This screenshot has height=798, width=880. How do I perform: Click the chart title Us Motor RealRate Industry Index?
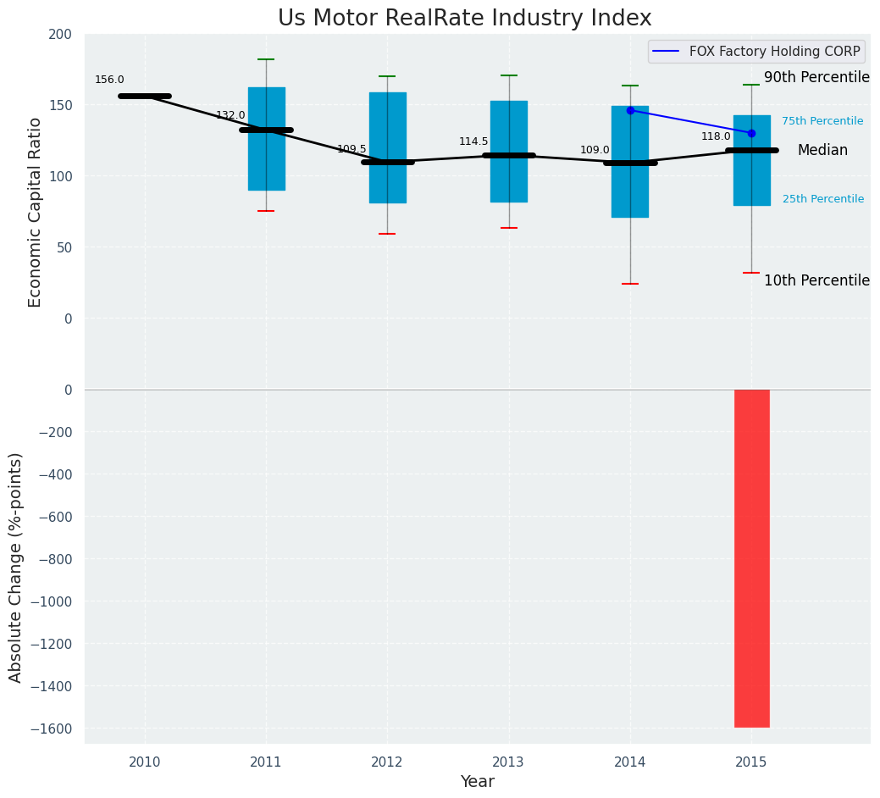[465, 19]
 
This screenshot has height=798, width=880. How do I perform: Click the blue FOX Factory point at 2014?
[630, 110]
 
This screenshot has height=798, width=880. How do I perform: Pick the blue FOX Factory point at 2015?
[751, 133]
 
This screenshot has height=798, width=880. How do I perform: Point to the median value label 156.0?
[109, 80]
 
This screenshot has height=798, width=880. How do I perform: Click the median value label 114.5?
[473, 142]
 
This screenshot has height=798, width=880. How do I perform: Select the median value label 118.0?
[716, 136]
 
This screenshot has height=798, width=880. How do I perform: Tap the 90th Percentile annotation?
[816, 78]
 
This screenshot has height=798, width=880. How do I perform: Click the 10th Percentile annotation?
[816, 280]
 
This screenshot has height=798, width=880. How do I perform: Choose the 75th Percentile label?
[822, 121]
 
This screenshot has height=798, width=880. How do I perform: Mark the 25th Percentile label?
[822, 199]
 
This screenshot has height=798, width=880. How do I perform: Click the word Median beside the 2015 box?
[822, 150]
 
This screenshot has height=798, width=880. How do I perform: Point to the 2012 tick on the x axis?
[387, 762]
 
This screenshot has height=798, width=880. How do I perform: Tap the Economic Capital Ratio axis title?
[35, 212]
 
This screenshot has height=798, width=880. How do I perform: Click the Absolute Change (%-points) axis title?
[16, 567]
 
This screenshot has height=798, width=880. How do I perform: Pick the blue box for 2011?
[266, 138]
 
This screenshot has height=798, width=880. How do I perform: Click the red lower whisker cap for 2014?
[630, 284]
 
